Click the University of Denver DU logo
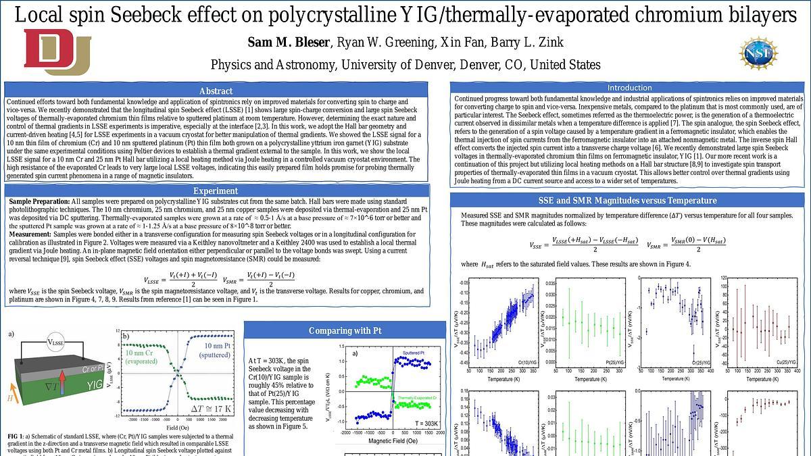pos(57,53)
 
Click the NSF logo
pos(758,53)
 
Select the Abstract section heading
pos(217,91)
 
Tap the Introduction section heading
pos(629,88)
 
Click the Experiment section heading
pos(216,191)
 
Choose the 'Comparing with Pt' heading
pos(345,330)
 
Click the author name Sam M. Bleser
pos(289,43)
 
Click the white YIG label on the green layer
pos(95,385)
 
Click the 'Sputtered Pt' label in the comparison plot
pos(417,353)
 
